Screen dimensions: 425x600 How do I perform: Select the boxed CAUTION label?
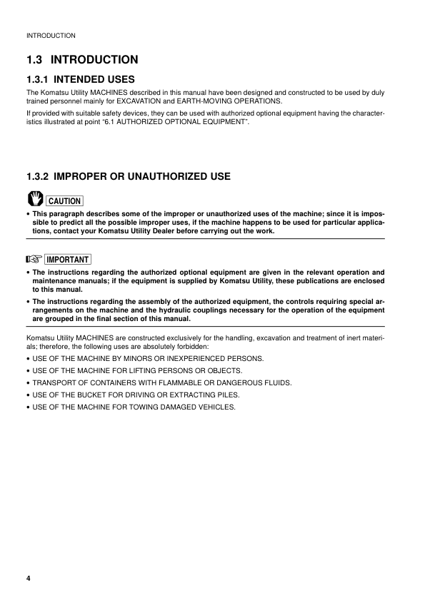[64, 201]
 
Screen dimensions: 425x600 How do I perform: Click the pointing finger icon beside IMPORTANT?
[34, 259]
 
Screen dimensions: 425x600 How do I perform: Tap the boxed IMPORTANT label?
[70, 260]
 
